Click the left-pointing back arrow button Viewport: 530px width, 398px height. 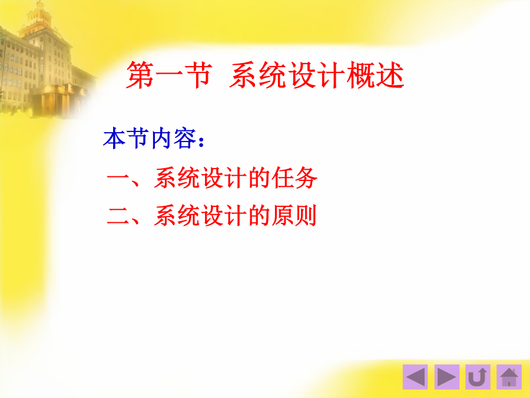tap(415, 377)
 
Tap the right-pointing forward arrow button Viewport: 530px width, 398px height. tap(446, 377)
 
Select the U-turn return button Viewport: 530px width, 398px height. tap(478, 377)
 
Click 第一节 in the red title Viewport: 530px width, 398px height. tap(170, 75)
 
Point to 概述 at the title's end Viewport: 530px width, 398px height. tap(375, 75)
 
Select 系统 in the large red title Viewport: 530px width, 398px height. tap(259, 75)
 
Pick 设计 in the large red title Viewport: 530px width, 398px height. tap(317, 75)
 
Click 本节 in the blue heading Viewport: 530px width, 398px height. tap(126, 139)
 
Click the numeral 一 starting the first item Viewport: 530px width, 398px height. tap(118, 177)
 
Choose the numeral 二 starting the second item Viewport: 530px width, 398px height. tap(118, 216)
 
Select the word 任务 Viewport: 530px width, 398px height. tap(294, 177)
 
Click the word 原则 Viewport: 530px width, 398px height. tap(294, 216)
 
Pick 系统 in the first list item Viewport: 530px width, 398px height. tap(177, 177)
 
